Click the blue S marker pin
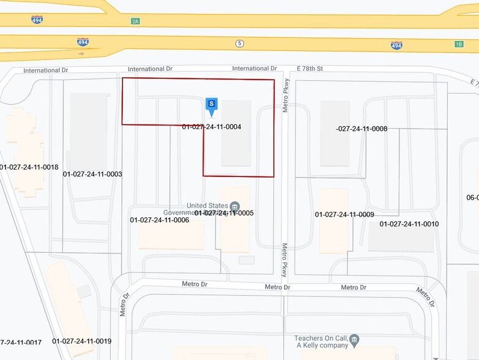point(212,105)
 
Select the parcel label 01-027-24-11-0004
point(212,127)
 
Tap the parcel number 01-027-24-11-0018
point(29,167)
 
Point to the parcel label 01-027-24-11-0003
point(92,174)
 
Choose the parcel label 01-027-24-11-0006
point(160,220)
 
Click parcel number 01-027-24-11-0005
point(224,213)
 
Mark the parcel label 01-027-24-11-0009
point(344,214)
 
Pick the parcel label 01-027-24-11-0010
point(409,224)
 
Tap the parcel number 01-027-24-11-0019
point(81,341)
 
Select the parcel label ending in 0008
point(362,129)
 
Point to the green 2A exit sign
point(135,21)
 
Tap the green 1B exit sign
point(459,44)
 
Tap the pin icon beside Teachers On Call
point(355,338)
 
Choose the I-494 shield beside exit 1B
point(396,45)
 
